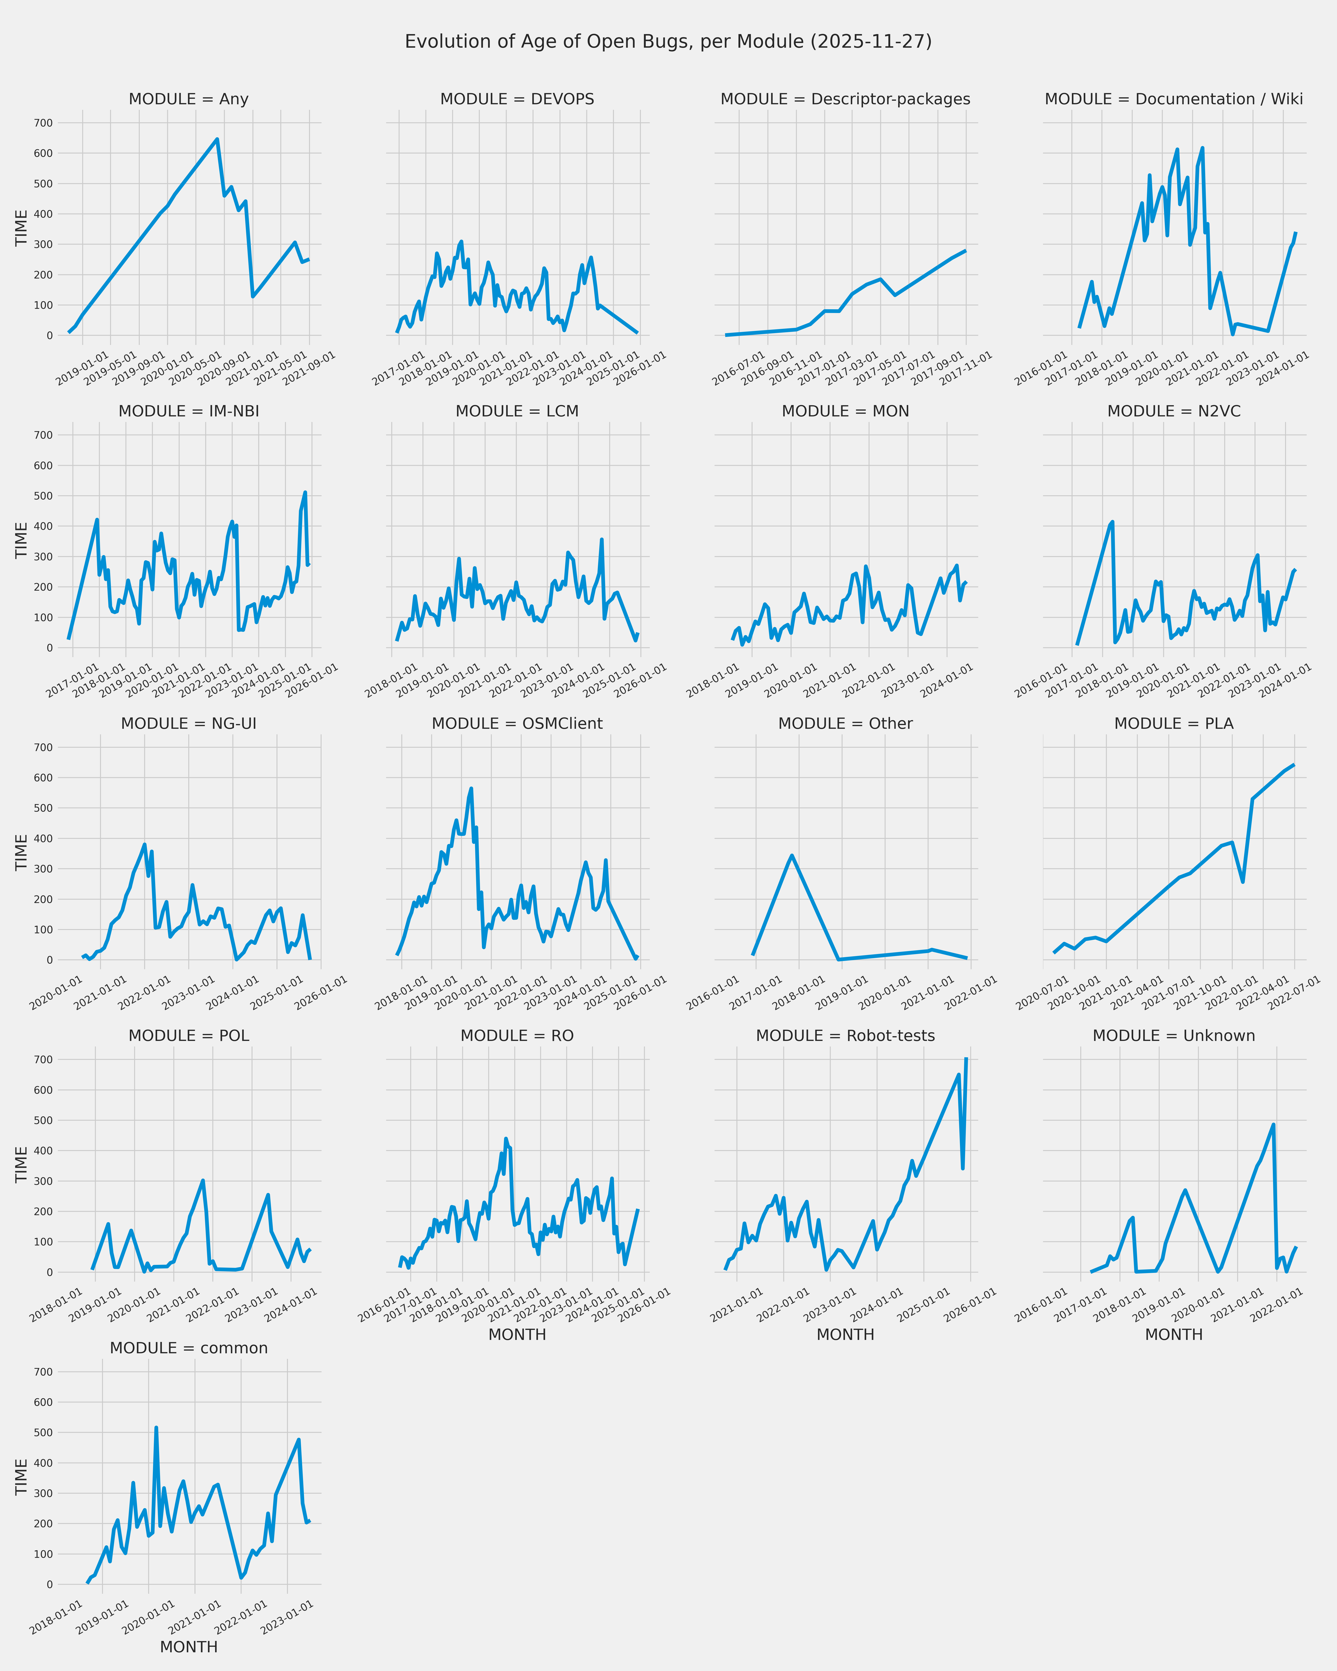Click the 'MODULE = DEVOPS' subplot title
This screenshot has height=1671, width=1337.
[x=517, y=99]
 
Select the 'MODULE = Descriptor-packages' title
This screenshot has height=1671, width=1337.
[x=845, y=99]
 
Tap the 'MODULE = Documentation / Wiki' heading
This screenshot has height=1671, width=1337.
[x=1173, y=99]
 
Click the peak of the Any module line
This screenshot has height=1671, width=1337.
[x=217, y=139]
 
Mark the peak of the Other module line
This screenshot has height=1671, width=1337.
[x=791, y=856]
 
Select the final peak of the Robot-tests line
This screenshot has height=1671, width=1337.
[x=966, y=1059]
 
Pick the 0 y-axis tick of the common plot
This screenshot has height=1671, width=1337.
[x=50, y=1584]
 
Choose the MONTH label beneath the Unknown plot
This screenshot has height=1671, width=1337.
[x=1173, y=1335]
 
